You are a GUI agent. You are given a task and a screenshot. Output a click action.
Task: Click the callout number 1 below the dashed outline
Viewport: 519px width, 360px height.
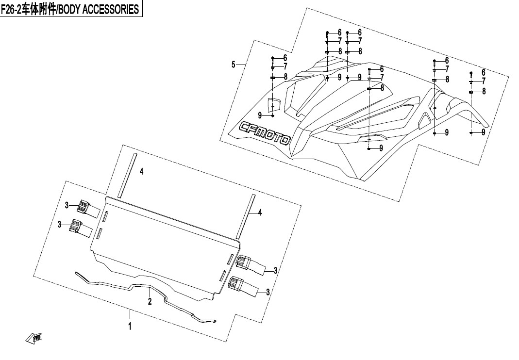130,327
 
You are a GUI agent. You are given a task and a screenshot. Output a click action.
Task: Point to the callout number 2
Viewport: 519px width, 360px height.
150,302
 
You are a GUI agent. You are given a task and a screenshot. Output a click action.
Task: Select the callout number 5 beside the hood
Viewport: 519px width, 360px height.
234,64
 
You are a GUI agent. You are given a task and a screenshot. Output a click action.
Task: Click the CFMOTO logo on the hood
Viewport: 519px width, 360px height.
265,132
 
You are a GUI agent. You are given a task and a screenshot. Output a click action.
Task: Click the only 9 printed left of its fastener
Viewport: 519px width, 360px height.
260,115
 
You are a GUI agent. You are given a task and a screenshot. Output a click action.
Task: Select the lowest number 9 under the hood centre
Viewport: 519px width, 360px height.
381,148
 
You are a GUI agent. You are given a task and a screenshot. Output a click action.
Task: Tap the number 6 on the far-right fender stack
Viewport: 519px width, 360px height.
483,72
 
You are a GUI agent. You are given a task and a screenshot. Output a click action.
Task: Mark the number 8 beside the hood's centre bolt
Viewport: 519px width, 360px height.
382,88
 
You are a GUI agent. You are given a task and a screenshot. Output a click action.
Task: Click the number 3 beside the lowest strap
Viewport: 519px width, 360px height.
267,292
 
